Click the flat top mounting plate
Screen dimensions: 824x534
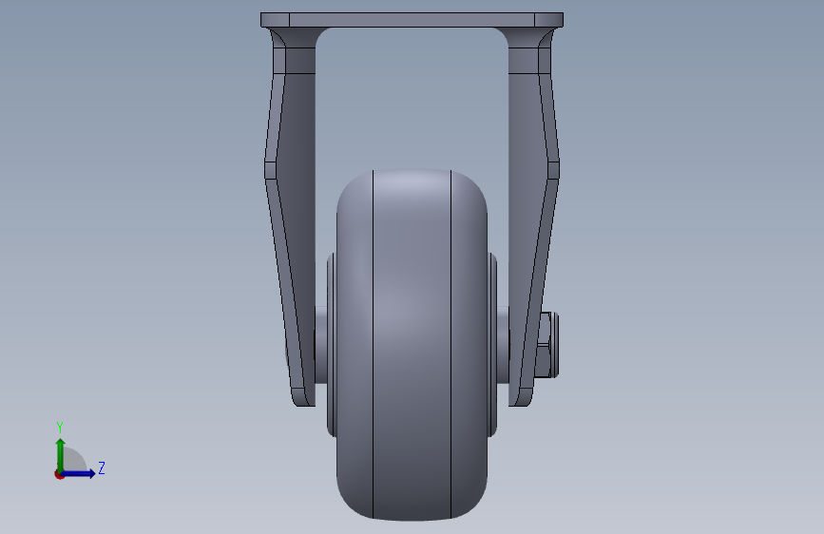pos(412,20)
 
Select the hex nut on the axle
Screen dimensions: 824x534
pos(547,345)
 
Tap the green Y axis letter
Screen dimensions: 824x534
pos(60,428)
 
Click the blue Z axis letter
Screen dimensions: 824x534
pos(102,467)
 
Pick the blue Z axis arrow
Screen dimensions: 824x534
pos(78,473)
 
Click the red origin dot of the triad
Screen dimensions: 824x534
pos(59,474)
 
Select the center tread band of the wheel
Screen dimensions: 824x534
pos(412,344)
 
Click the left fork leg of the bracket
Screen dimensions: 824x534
pos(290,220)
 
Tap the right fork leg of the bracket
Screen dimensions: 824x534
pos(534,220)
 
